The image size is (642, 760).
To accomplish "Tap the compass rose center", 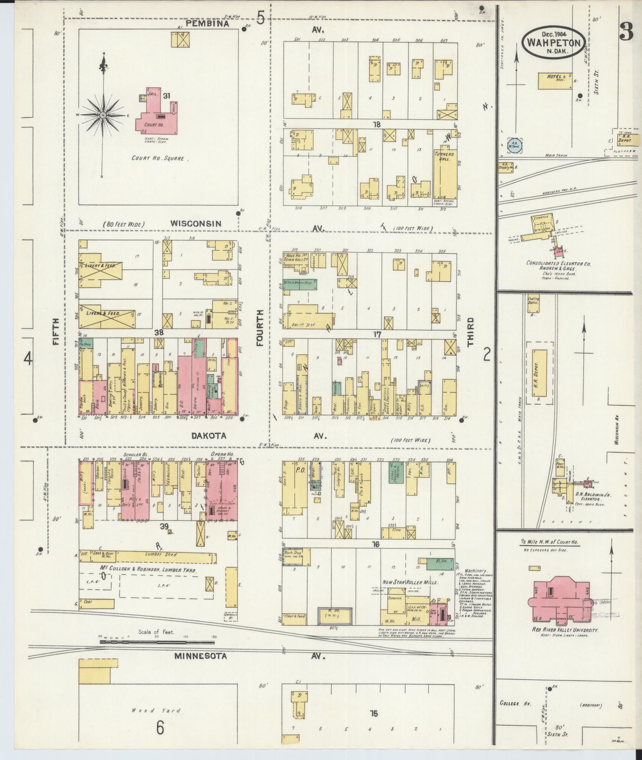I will click(103, 115).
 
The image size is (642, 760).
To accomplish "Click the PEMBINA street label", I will click(207, 23).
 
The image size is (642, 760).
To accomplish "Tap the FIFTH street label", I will click(56, 332).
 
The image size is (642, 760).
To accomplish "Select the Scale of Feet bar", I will click(158, 642).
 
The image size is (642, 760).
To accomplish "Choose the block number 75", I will click(373, 713).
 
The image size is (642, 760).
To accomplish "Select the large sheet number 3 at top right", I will click(626, 32).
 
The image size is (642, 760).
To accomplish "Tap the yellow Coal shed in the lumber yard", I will click(97, 604).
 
